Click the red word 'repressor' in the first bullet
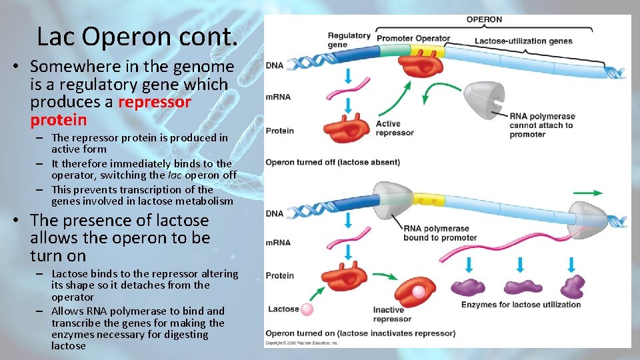click(154, 102)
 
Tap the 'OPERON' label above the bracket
click(484, 20)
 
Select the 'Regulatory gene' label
click(349, 40)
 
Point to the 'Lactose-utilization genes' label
click(523, 41)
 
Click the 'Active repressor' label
click(395, 128)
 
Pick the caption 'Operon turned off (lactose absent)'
click(333, 162)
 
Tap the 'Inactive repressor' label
click(389, 314)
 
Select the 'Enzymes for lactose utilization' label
click(521, 305)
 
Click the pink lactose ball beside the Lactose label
click(307, 309)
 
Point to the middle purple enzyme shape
click(523, 287)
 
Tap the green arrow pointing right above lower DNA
click(587, 193)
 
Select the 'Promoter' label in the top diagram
click(395, 38)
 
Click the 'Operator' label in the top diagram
click(433, 38)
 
